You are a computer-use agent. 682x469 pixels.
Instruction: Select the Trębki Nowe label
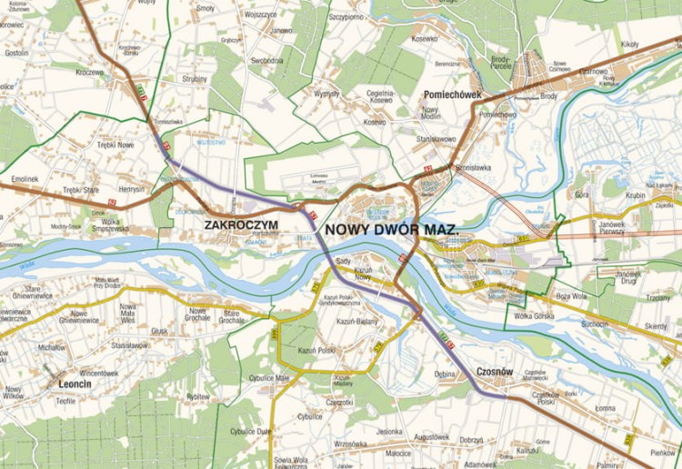pos(115,145)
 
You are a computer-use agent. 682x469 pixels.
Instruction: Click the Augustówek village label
pos(431,437)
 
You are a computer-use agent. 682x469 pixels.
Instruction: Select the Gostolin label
pos(17,54)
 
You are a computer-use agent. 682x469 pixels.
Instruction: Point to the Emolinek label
pos(25,179)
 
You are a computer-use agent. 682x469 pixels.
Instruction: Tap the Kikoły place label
pos(630,44)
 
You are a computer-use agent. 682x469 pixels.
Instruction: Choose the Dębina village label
pos(445,373)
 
